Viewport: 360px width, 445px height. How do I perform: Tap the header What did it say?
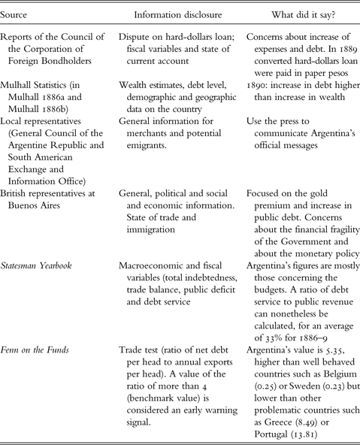click(x=294, y=15)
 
